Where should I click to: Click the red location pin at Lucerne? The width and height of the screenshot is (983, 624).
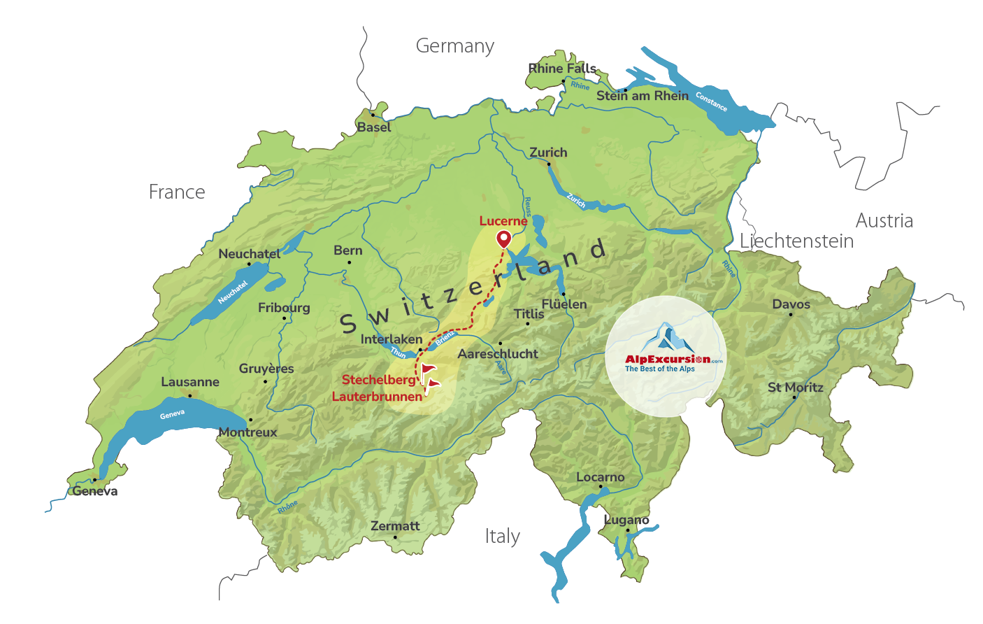[x=503, y=239]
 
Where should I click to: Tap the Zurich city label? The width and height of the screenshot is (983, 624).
[x=548, y=153]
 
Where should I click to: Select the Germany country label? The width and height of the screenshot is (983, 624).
[x=454, y=46]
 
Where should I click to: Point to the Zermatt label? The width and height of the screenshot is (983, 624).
[x=395, y=526]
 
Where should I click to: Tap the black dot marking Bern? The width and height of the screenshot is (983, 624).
[x=350, y=262]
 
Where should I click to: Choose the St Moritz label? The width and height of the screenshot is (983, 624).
[x=795, y=388]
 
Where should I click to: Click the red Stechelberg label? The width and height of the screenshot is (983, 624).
[x=378, y=380]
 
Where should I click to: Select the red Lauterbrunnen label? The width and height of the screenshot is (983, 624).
[x=377, y=397]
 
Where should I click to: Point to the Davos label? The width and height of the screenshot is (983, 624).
[x=791, y=304]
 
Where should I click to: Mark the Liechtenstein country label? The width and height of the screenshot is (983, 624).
[x=796, y=241]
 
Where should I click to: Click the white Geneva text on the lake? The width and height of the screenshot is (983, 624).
[x=172, y=415]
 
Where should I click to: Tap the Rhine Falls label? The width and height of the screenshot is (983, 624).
[x=562, y=69]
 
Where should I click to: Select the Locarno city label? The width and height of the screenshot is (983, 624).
[x=600, y=477]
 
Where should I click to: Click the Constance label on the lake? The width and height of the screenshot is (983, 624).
[x=711, y=102]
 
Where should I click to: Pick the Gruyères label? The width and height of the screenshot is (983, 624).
[x=266, y=369]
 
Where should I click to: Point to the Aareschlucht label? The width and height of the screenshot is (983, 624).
[x=498, y=354]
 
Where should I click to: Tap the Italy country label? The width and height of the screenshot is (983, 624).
[x=502, y=537]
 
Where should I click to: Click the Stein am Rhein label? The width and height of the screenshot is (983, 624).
[x=642, y=96]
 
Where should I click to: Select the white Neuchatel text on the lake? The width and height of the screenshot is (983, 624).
[x=233, y=292]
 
